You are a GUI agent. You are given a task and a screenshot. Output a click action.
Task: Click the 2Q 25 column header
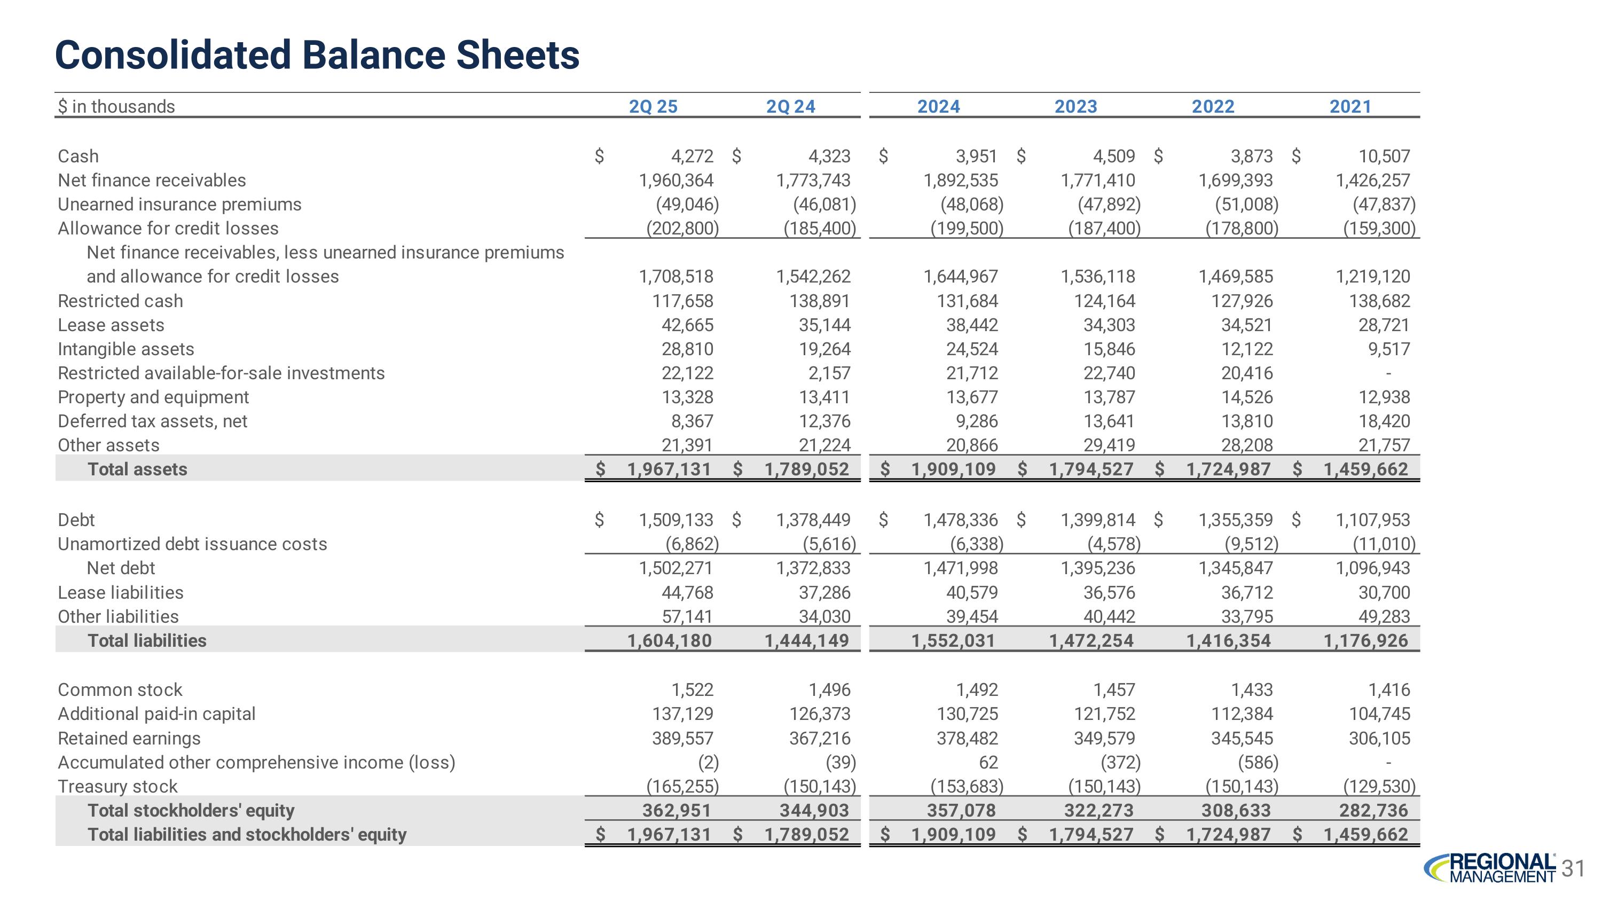coord(653,106)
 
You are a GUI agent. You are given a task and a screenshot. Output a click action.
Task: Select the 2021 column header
coord(1350,106)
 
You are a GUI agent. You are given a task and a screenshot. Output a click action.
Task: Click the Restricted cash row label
coord(120,301)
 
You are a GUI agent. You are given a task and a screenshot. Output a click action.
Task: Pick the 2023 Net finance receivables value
coord(1098,181)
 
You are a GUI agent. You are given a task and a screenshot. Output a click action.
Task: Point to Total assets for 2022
coord(1228,469)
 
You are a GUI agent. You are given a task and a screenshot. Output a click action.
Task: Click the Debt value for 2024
coord(960,520)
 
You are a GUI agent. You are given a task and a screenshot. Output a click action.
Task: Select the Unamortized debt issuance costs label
coord(192,544)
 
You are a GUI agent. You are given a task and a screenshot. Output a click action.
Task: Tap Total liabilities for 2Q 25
coord(669,640)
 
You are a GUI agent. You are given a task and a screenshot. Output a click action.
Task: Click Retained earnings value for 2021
coord(1379,738)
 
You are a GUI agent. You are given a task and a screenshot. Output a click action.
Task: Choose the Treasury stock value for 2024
coord(967,787)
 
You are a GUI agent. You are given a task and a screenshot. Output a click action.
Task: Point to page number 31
coord(1573,868)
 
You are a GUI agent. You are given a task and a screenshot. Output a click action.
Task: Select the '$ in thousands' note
coord(116,106)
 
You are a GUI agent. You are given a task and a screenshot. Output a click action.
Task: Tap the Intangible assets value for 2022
coord(1247,349)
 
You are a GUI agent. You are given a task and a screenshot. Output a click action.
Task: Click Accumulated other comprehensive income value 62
coord(988,762)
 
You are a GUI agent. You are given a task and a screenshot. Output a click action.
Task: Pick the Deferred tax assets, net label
coord(152,421)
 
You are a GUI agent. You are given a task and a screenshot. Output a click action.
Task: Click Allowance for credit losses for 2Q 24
coord(820,229)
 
